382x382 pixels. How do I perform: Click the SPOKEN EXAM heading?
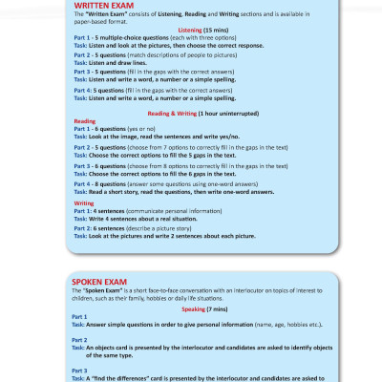coord(101,282)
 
